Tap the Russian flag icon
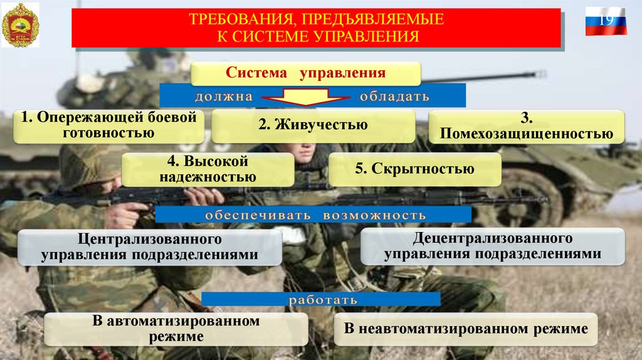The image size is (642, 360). click(605, 21)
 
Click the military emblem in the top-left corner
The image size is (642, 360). click(20, 25)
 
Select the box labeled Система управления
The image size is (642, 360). click(305, 73)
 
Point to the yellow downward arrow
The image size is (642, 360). click(306, 97)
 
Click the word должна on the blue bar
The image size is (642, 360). click(223, 97)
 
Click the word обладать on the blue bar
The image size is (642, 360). click(394, 97)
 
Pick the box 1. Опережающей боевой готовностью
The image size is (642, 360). click(109, 125)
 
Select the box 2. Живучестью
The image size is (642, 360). click(313, 125)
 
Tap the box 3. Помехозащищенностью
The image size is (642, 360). click(526, 127)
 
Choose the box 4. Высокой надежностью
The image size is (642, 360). click(208, 169)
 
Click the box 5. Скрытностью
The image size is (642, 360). click(415, 169)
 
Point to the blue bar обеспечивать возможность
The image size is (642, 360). click(313, 215)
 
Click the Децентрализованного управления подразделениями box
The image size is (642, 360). click(492, 246)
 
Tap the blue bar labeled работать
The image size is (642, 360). click(321, 299)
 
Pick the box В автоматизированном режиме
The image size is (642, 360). click(176, 329)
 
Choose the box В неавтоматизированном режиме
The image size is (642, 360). click(466, 329)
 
